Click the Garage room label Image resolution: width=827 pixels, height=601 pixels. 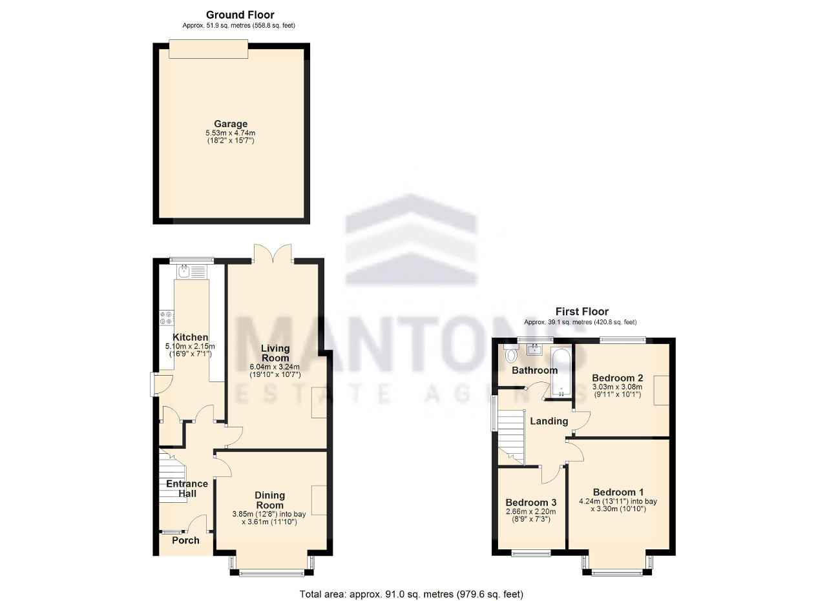[x=231, y=124]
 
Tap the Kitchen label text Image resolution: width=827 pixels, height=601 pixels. [x=190, y=337]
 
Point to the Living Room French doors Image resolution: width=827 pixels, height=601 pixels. [x=273, y=254]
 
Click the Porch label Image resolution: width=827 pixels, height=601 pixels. [x=185, y=540]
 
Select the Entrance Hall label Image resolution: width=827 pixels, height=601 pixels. [x=187, y=489]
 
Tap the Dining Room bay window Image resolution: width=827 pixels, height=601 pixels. [x=271, y=570]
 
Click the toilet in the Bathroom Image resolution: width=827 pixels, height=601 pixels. [x=511, y=354]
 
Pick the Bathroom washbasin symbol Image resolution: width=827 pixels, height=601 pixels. [x=535, y=349]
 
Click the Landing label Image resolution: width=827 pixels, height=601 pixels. [x=549, y=421]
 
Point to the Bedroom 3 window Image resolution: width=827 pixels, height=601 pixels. [x=531, y=553]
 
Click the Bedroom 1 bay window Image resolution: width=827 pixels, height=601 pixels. [x=617, y=570]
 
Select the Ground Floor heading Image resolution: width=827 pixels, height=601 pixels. [x=240, y=14]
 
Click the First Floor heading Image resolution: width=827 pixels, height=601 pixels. [x=581, y=312]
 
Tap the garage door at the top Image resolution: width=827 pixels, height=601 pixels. [x=207, y=49]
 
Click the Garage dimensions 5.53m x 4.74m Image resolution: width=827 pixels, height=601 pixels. [x=231, y=133]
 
